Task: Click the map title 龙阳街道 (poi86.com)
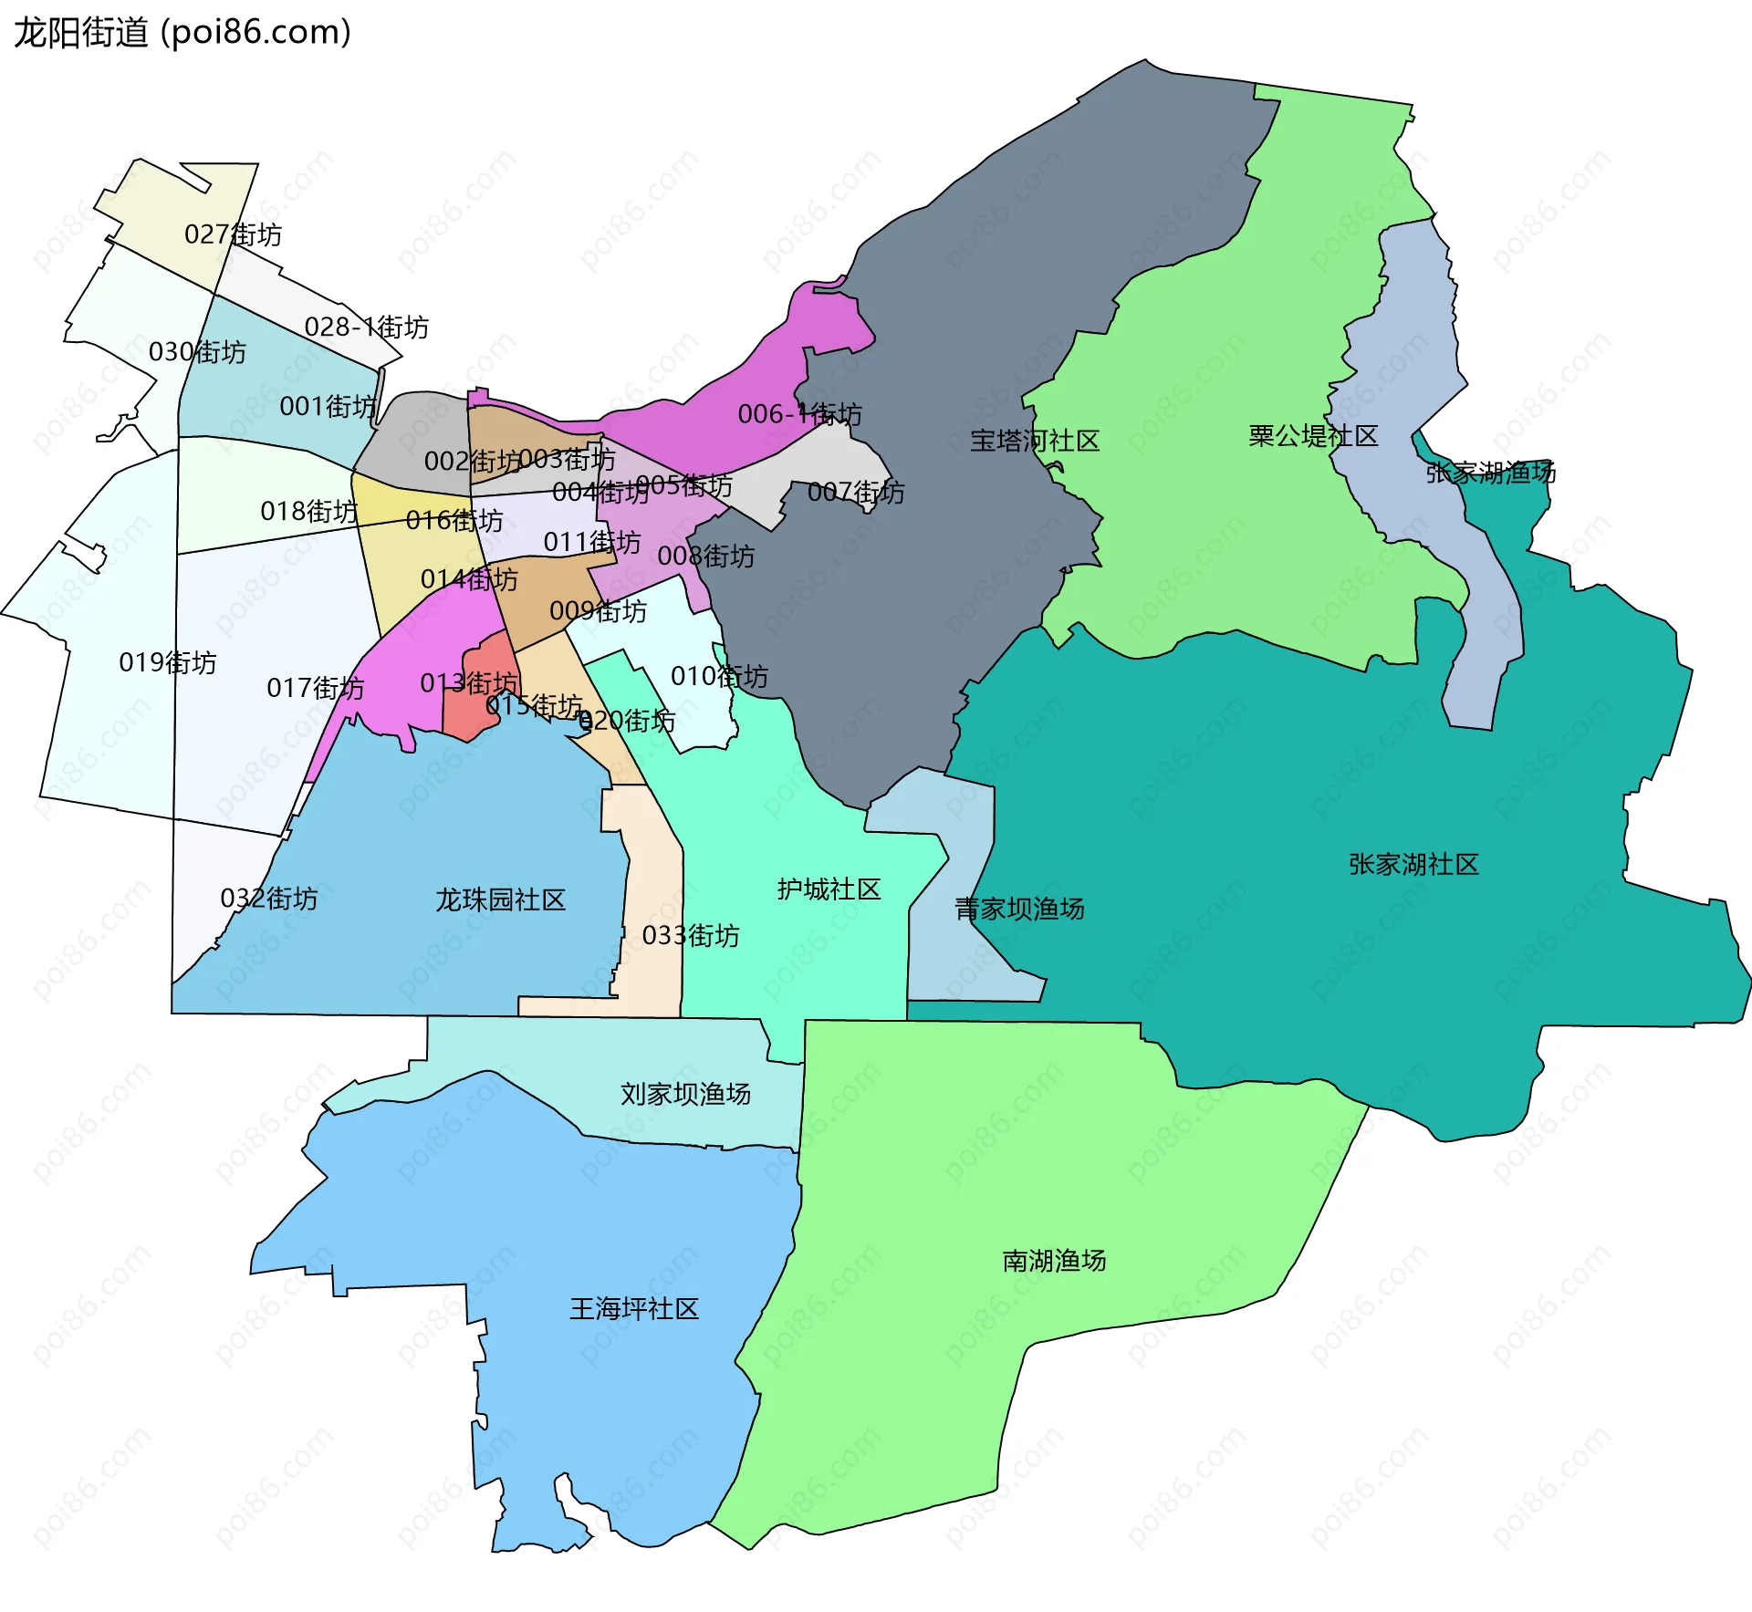point(182,33)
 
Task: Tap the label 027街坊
point(233,234)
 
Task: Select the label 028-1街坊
point(366,327)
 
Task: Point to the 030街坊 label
point(197,351)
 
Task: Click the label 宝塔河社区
point(1034,441)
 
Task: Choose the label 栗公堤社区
point(1312,436)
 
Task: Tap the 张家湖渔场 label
point(1490,472)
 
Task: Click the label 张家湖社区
point(1413,864)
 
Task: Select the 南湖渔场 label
point(1054,1260)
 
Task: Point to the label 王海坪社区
point(634,1308)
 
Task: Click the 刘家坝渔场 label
point(685,1093)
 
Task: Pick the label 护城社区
point(829,889)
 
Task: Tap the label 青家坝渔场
point(1019,908)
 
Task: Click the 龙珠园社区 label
point(500,900)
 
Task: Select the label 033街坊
point(690,935)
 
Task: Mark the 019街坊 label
point(168,661)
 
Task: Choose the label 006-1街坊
point(799,414)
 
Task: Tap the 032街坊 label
point(269,898)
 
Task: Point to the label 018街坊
point(308,510)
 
